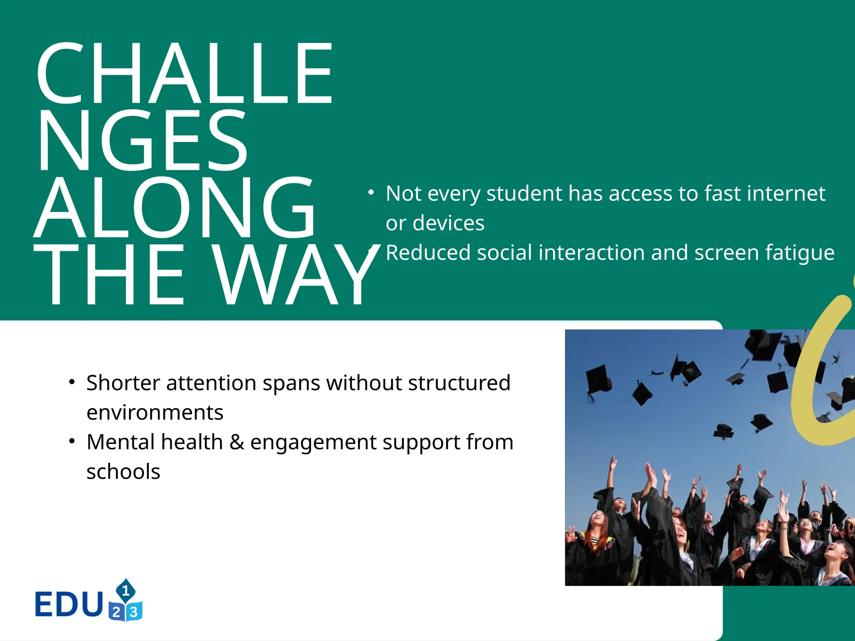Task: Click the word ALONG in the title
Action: pos(175,207)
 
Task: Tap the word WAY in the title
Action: pos(296,275)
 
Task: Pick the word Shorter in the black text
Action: pos(123,383)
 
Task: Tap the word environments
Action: pos(155,413)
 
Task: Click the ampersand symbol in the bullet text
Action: pos(236,442)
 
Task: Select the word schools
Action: pos(123,472)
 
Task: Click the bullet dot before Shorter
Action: pos(72,382)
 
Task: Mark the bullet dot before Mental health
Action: pos(72,441)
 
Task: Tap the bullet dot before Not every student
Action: pos(371,192)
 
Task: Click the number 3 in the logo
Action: pos(134,612)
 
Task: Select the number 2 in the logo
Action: pos(116,613)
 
